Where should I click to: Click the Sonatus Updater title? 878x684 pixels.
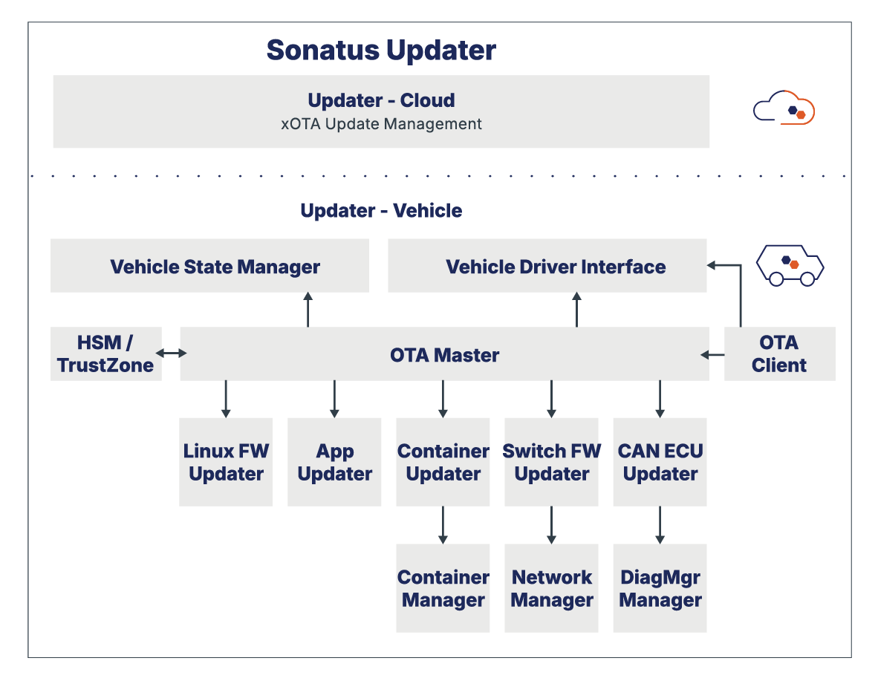(x=381, y=51)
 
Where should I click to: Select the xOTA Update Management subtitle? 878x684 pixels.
(x=381, y=124)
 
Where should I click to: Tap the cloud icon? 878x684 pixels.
(x=784, y=108)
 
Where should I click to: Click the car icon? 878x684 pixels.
(x=790, y=264)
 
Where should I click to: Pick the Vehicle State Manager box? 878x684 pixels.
(x=209, y=266)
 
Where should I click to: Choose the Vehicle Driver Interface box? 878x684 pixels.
(x=547, y=266)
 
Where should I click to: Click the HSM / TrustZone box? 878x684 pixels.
(x=106, y=354)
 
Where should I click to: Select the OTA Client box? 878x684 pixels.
(x=779, y=354)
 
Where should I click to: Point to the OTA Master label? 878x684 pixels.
(x=444, y=355)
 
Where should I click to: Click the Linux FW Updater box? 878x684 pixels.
(x=226, y=462)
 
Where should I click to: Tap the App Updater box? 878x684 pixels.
(x=334, y=462)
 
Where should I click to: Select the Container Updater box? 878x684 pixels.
(x=443, y=462)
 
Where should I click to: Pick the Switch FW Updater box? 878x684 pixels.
(x=551, y=462)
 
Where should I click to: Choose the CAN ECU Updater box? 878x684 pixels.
(x=660, y=462)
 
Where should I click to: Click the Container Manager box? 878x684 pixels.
(x=443, y=588)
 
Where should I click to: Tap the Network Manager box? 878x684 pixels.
(x=551, y=588)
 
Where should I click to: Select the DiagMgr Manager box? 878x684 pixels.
(x=660, y=588)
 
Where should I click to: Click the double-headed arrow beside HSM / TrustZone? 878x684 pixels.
(x=172, y=354)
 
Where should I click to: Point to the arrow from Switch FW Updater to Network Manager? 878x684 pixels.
(x=551, y=525)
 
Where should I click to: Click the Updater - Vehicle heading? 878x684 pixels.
(x=381, y=211)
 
